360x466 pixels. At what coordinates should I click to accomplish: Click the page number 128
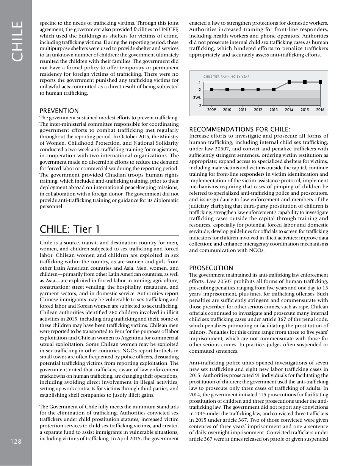[x=16, y=441]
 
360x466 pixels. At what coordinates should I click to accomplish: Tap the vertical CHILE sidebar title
[x=17, y=41]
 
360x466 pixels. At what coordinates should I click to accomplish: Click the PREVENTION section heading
[x=59, y=111]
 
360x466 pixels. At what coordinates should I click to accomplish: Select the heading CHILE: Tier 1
[x=70, y=229]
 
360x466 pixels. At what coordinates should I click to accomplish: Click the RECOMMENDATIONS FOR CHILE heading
[x=239, y=130]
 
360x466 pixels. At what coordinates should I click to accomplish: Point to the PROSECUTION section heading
[x=211, y=268]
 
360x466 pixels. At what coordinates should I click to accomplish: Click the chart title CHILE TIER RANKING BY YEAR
[x=226, y=77]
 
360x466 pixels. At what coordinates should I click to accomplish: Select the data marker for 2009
[x=211, y=90]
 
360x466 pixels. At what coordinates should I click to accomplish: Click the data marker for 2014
[x=289, y=82]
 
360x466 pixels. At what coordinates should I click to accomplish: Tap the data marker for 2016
[x=321, y=82]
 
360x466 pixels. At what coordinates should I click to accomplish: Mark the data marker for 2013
[x=274, y=90]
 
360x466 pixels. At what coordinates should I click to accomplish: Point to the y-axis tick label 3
[x=199, y=105]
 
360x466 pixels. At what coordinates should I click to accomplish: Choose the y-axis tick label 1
[x=199, y=82]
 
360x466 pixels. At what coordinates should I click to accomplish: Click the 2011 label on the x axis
[x=243, y=110]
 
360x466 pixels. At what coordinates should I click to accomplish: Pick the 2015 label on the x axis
[x=305, y=110]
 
